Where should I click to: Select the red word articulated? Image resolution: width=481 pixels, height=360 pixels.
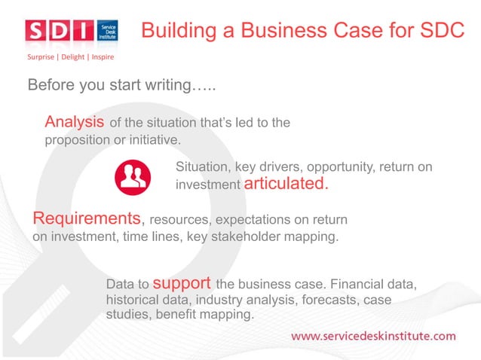tap(287, 184)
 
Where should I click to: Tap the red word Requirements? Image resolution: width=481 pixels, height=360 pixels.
tap(87, 218)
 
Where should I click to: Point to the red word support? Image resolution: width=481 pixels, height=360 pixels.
tap(182, 284)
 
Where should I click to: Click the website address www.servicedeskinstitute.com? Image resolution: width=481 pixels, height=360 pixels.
tap(373, 335)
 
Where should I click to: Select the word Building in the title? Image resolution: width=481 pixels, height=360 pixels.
tap(174, 30)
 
